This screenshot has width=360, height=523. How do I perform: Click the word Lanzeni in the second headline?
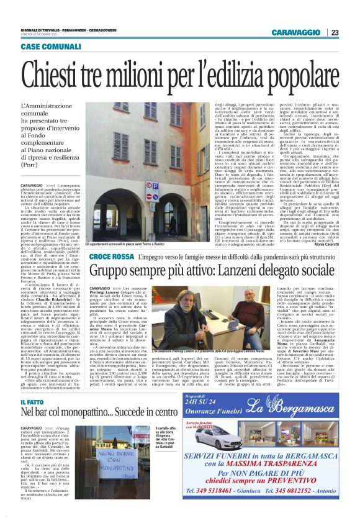(x=245, y=270)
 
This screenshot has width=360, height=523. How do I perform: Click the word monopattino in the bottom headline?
(x=99, y=412)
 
